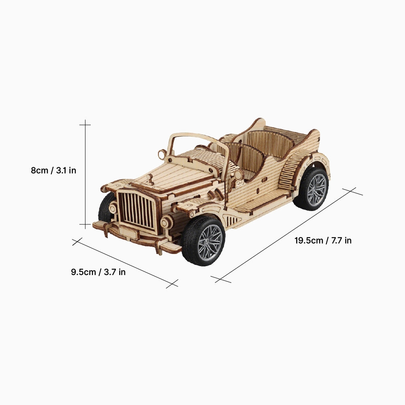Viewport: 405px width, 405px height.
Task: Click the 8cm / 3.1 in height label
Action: point(53,171)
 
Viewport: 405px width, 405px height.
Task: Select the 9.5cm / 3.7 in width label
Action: point(98,272)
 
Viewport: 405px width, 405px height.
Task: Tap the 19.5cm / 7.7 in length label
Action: point(323,241)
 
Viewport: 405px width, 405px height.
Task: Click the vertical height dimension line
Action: point(85,174)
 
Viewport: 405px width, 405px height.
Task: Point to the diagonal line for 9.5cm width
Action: point(126,263)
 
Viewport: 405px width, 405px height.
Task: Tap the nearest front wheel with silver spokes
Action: point(203,241)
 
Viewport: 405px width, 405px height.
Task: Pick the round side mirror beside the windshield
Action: point(162,154)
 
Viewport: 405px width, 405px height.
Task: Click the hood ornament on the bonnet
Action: point(150,179)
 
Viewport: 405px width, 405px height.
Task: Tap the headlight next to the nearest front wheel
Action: point(166,222)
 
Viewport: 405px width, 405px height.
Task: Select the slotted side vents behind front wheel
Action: point(232,221)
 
